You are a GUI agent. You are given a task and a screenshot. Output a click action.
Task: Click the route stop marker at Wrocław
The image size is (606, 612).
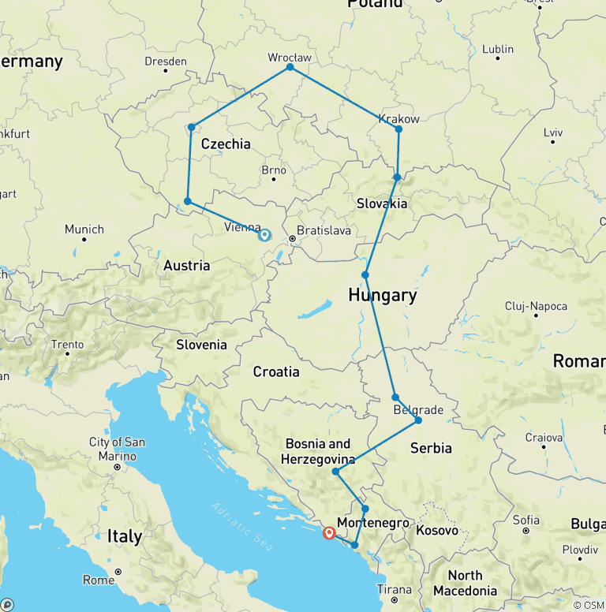coord(290,67)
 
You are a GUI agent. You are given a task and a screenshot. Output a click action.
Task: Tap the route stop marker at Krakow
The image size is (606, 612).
coord(398,129)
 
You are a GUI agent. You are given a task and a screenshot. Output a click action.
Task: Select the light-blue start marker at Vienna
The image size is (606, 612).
coord(264,234)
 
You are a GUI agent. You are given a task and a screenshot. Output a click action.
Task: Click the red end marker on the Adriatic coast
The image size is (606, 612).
coord(329,533)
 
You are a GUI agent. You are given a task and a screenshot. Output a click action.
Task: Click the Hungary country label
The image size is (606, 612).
coord(383,295)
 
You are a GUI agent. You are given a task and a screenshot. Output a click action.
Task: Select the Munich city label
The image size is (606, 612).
coord(84,229)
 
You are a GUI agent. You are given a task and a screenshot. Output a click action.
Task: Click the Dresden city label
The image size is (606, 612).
coord(166,62)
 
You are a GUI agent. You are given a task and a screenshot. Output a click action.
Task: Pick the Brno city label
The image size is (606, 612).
coord(273,170)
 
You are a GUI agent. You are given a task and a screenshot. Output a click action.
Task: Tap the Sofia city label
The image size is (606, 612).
coord(526,520)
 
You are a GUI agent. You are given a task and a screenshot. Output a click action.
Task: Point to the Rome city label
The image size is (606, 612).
coord(99,580)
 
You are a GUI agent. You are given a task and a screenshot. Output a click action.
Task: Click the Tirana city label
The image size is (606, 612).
coord(394,589)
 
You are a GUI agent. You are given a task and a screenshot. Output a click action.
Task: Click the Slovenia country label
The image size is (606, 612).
coord(201,345)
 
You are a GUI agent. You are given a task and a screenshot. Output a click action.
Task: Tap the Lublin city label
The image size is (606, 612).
coord(498,49)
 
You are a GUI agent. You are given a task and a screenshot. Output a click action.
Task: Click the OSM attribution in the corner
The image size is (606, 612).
coord(588,604)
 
